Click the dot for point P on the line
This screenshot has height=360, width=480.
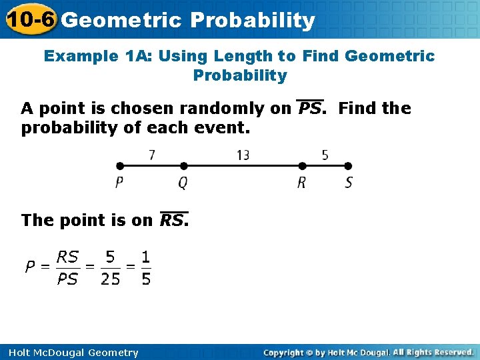click(x=119, y=166)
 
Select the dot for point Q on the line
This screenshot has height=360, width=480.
click(x=184, y=166)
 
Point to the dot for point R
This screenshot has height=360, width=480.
click(x=302, y=166)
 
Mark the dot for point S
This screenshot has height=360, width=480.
click(x=348, y=166)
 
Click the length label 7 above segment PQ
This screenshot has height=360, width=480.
click(x=152, y=155)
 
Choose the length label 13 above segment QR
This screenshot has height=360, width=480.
click(x=243, y=155)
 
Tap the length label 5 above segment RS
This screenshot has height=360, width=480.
click(x=325, y=155)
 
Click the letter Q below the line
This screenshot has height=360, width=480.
click(x=183, y=183)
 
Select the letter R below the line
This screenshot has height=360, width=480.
click(x=301, y=183)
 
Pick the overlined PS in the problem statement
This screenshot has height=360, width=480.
click(x=310, y=108)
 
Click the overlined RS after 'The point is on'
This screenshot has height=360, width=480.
click(x=173, y=220)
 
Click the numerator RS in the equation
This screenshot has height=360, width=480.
click(x=67, y=257)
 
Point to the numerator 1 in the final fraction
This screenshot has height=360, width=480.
click(x=146, y=257)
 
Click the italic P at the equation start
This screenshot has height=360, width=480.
click(x=29, y=268)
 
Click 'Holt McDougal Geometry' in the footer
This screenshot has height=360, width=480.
click(x=70, y=353)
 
